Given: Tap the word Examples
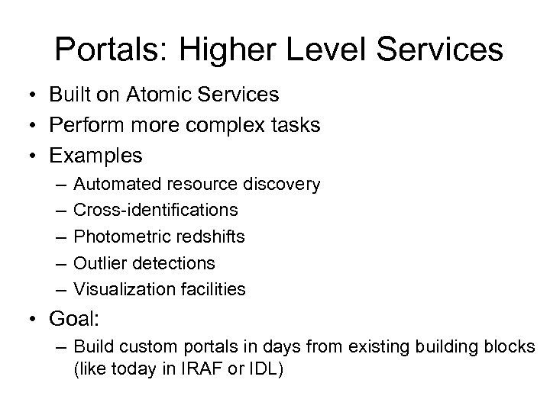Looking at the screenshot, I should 95,156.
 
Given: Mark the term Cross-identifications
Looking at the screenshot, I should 155,211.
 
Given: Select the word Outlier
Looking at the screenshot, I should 97,263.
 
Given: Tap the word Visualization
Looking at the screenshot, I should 118,289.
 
